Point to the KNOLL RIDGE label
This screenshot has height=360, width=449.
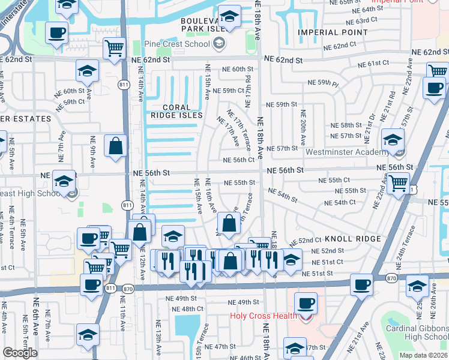click(x=353, y=239)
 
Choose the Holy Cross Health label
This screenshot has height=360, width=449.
click(x=264, y=316)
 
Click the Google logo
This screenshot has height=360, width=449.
click(x=20, y=353)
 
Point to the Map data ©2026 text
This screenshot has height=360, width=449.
click(x=422, y=355)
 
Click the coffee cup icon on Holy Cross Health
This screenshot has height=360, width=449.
click(x=306, y=304)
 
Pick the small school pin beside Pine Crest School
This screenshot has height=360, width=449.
click(x=219, y=43)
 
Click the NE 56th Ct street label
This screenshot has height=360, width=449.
click(x=239, y=160)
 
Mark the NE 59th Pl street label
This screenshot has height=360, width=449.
click(x=323, y=82)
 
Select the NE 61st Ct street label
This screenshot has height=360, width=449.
click(x=373, y=64)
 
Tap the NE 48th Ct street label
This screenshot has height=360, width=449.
click(x=180, y=309)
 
